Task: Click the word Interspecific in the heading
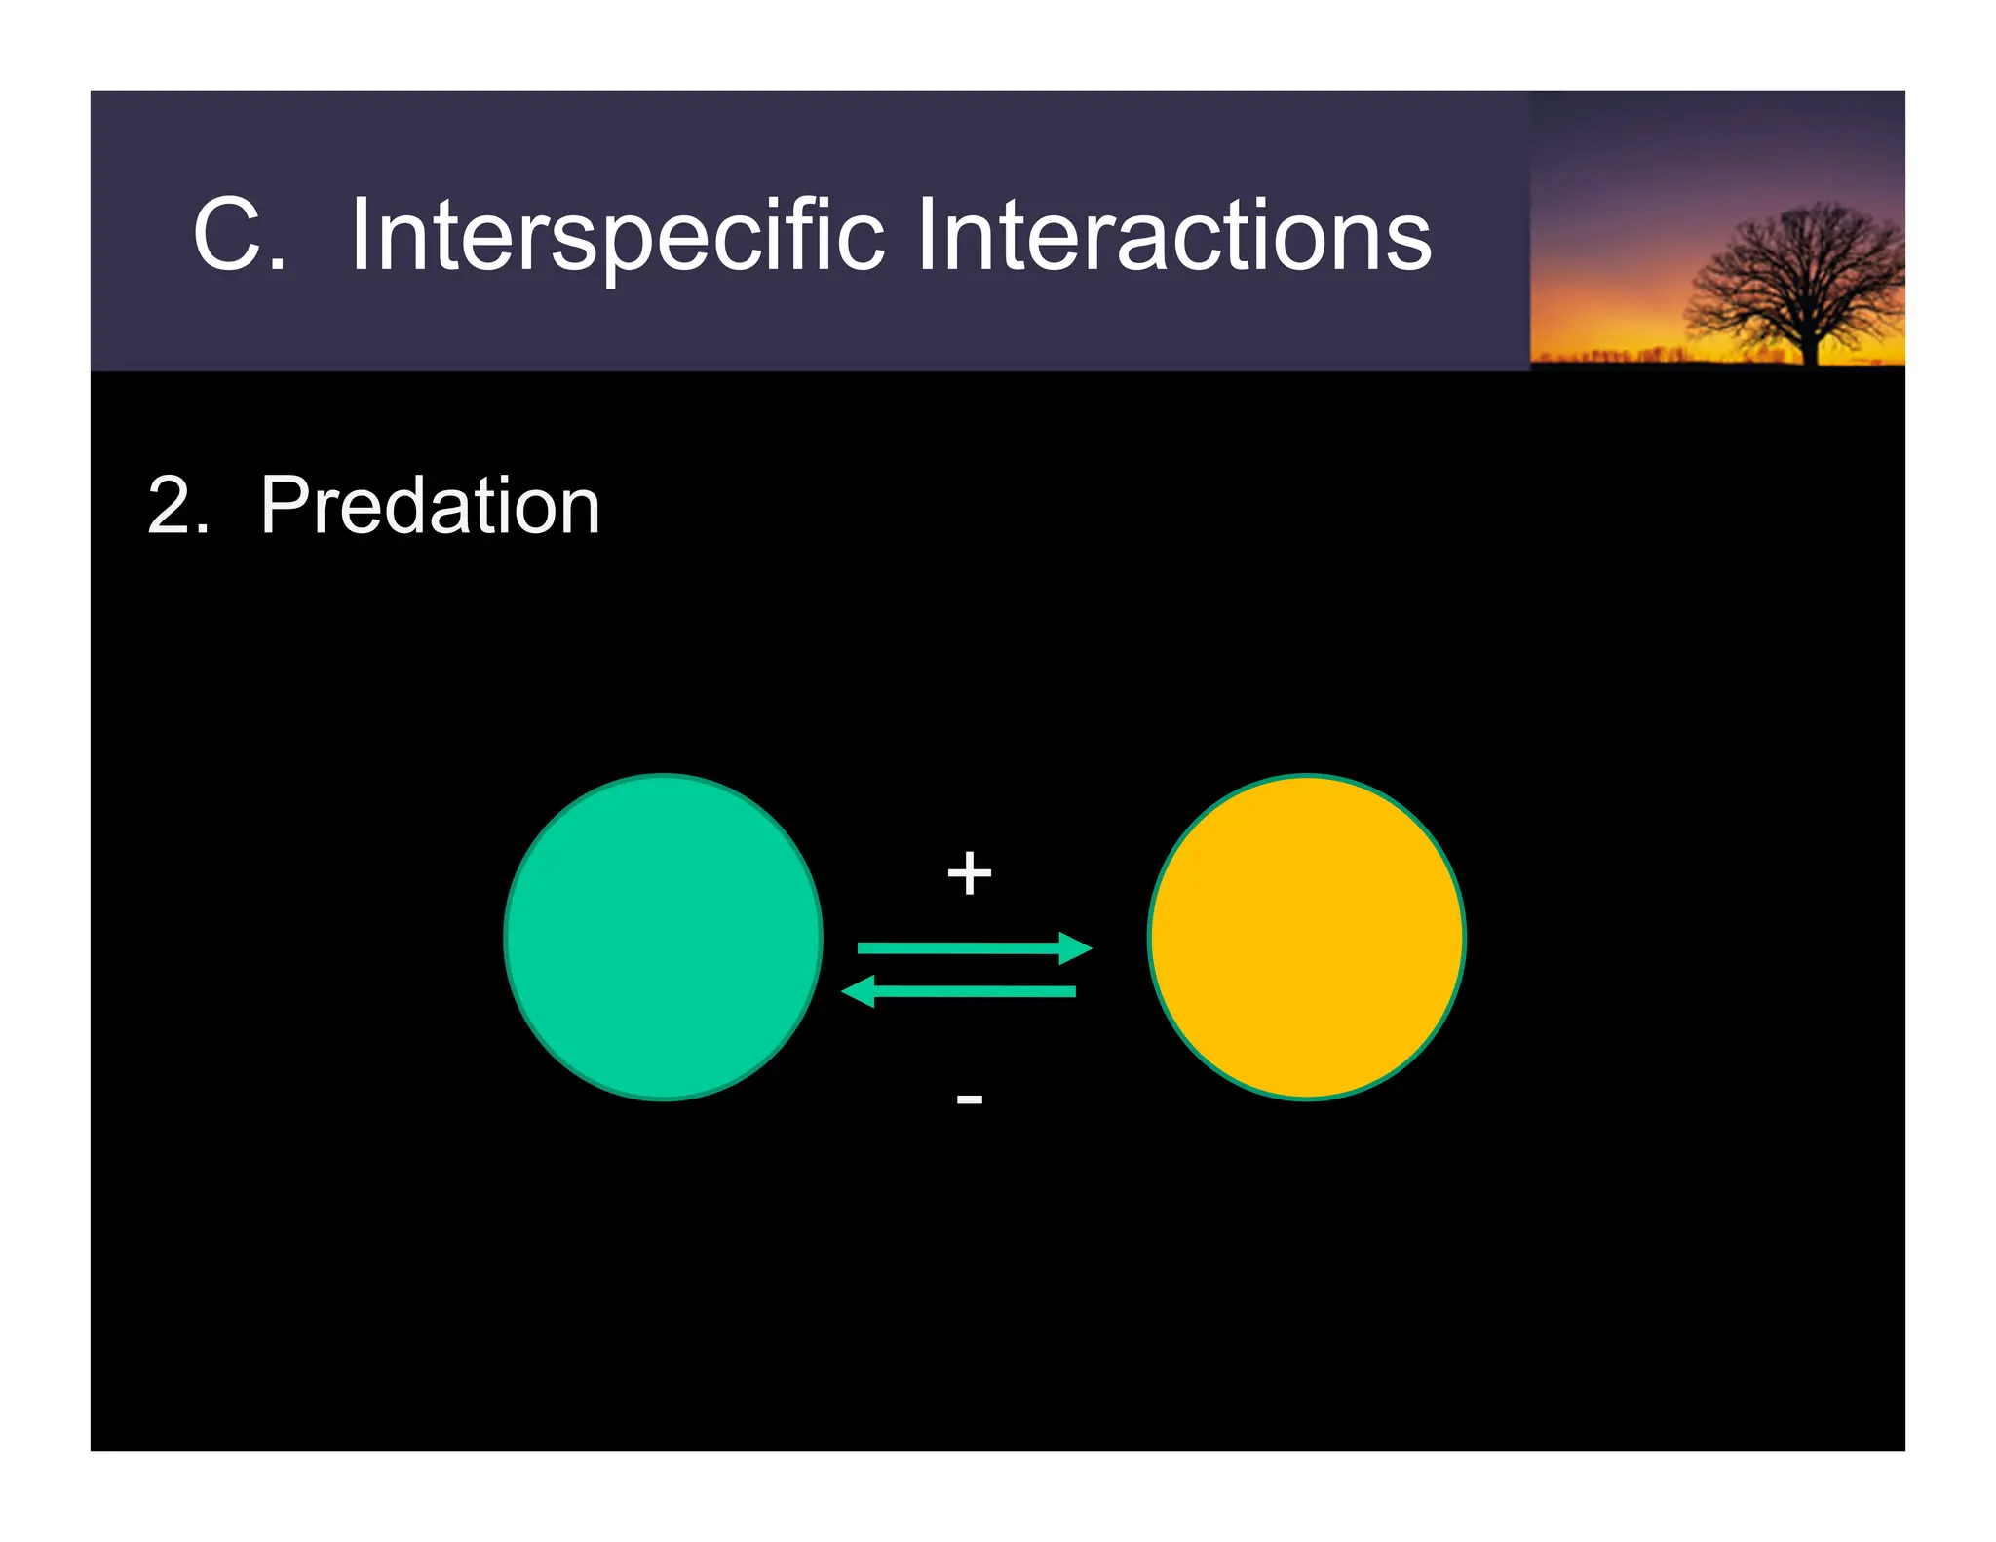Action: [x=617, y=235]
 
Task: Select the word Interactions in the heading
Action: [x=1173, y=235]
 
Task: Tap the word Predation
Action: [x=430, y=506]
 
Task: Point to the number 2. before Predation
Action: [x=178, y=506]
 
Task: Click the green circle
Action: [x=664, y=937]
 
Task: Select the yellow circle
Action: [x=1306, y=937]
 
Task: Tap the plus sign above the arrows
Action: [x=969, y=872]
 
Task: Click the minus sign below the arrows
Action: [x=969, y=1099]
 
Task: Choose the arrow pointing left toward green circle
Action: [x=975, y=991]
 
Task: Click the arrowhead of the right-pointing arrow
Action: [x=1074, y=947]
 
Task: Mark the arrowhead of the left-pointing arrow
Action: [x=859, y=991]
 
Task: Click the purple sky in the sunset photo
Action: [x=1637, y=146]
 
